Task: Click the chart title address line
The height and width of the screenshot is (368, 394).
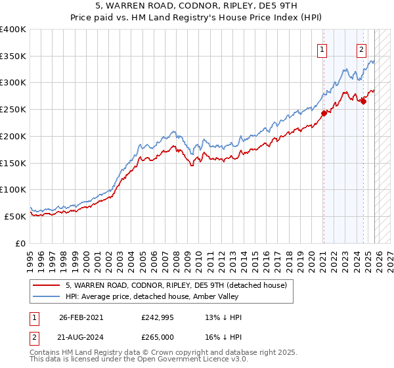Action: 197,7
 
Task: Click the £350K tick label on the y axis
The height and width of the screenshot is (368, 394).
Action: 13,57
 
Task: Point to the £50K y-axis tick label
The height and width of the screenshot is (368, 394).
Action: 15,216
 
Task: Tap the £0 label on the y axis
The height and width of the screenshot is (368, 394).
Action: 20,243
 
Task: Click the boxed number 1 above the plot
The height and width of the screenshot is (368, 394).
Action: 323,49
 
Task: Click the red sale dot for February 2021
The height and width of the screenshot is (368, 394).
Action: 324,113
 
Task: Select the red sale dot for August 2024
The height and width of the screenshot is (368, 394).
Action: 363,101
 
